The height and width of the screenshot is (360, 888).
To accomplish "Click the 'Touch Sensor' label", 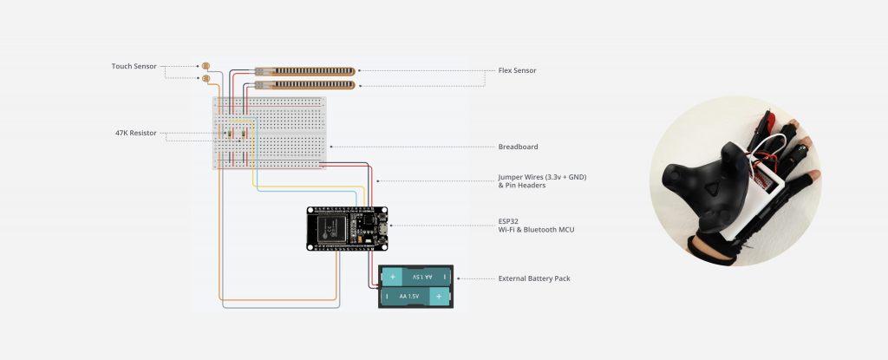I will pyautogui.click(x=135, y=66).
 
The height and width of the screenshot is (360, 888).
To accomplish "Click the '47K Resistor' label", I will pyautogui.click(x=135, y=134).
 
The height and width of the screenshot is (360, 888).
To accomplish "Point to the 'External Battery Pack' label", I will pyautogui.click(x=533, y=278).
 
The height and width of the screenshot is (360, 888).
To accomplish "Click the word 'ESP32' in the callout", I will pyautogui.click(x=510, y=222).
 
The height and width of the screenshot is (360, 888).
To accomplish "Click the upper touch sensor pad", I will pyautogui.click(x=206, y=66).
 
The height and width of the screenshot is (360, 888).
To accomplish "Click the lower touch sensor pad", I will pyautogui.click(x=206, y=79).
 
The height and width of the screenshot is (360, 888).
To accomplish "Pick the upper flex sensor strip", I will pyautogui.click(x=304, y=70).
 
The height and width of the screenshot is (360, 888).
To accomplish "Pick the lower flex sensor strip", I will pyautogui.click(x=304, y=85).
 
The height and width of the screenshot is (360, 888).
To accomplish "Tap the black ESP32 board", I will pyautogui.click(x=347, y=228).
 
